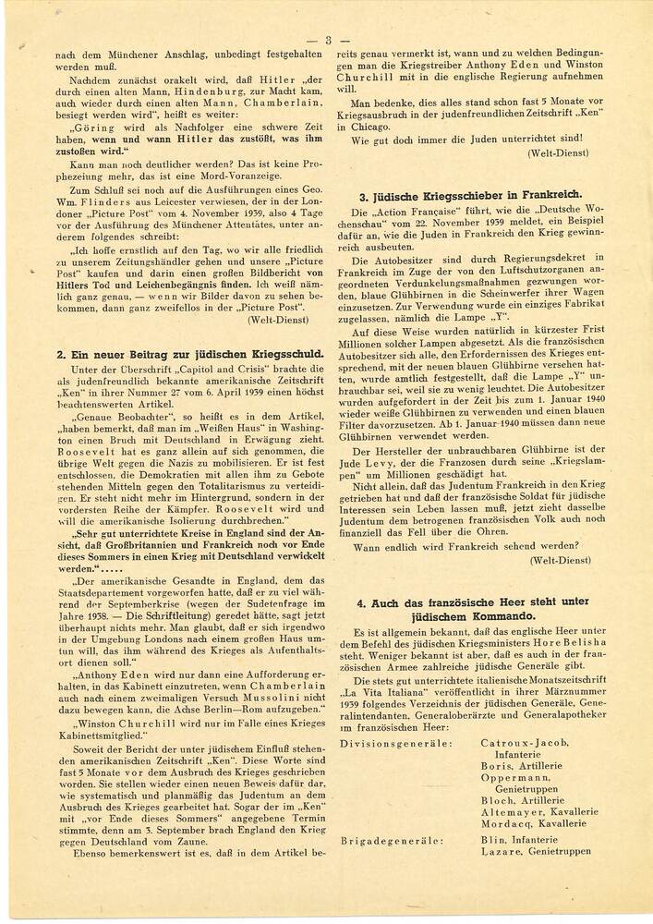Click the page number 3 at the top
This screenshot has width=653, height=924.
pos(327,40)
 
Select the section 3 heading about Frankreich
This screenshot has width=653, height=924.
pos(470,195)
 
